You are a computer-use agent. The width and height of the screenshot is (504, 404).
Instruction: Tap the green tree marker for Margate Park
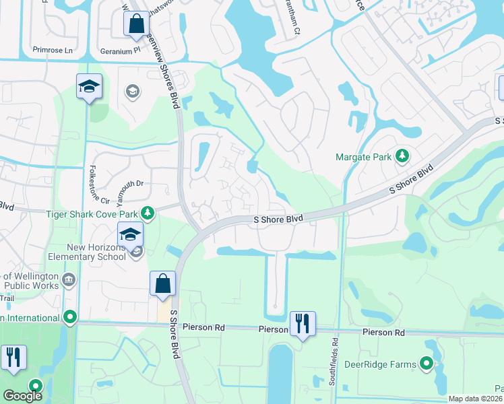tap(402, 157)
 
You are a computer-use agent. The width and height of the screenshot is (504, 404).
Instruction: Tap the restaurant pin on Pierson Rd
tap(303, 324)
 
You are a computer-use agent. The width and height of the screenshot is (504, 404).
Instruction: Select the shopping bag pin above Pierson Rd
tap(163, 283)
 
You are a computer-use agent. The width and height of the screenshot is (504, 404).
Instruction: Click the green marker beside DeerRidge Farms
tap(427, 364)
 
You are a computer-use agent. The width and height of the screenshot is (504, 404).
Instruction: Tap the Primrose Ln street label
tap(52, 50)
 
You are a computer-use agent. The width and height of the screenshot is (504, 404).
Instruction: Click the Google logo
tap(22, 396)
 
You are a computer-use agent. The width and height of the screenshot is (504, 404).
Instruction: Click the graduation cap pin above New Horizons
tap(89, 86)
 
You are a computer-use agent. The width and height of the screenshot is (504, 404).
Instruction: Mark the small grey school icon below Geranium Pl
tap(133, 91)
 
